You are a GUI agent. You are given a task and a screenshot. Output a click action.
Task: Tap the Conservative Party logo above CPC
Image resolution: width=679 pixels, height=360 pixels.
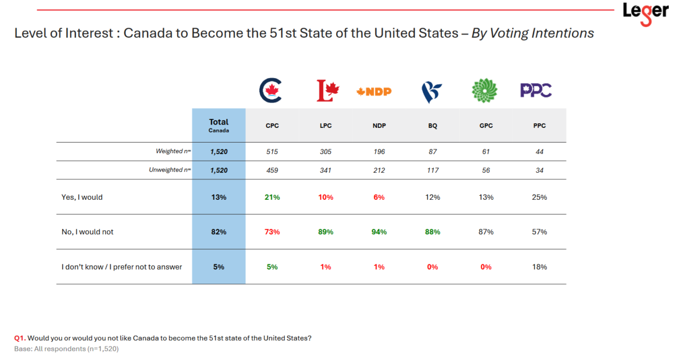(273, 91)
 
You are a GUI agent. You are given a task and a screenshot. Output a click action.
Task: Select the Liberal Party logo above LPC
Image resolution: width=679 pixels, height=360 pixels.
(326, 91)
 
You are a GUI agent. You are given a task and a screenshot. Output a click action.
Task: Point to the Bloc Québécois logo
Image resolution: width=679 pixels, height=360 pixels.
(432, 91)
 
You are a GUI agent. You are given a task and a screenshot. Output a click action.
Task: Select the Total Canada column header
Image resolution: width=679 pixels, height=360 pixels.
(218, 125)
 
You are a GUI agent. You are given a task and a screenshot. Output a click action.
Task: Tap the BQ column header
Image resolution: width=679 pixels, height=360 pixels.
(432, 126)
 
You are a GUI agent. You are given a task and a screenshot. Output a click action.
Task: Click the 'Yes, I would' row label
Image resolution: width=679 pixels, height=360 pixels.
(82, 198)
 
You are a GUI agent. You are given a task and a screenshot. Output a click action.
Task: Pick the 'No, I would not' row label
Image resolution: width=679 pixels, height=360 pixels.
(87, 232)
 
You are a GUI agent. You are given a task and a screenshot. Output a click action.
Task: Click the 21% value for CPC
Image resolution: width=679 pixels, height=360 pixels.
(272, 198)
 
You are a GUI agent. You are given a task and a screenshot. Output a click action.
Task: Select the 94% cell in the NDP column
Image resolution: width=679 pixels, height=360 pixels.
(379, 232)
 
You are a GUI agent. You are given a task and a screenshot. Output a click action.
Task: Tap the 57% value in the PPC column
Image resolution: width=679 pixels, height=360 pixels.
(539, 232)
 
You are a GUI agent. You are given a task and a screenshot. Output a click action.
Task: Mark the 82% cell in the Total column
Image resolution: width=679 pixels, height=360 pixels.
(218, 232)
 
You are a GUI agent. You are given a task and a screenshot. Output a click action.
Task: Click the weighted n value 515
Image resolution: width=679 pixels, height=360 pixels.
(272, 151)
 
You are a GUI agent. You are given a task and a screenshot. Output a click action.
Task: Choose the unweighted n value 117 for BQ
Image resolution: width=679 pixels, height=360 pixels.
(432, 170)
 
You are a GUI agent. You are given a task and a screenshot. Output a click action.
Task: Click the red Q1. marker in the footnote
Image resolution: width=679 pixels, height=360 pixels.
(20, 338)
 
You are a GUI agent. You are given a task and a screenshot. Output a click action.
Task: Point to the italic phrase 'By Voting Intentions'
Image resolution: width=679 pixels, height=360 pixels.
(533, 33)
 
